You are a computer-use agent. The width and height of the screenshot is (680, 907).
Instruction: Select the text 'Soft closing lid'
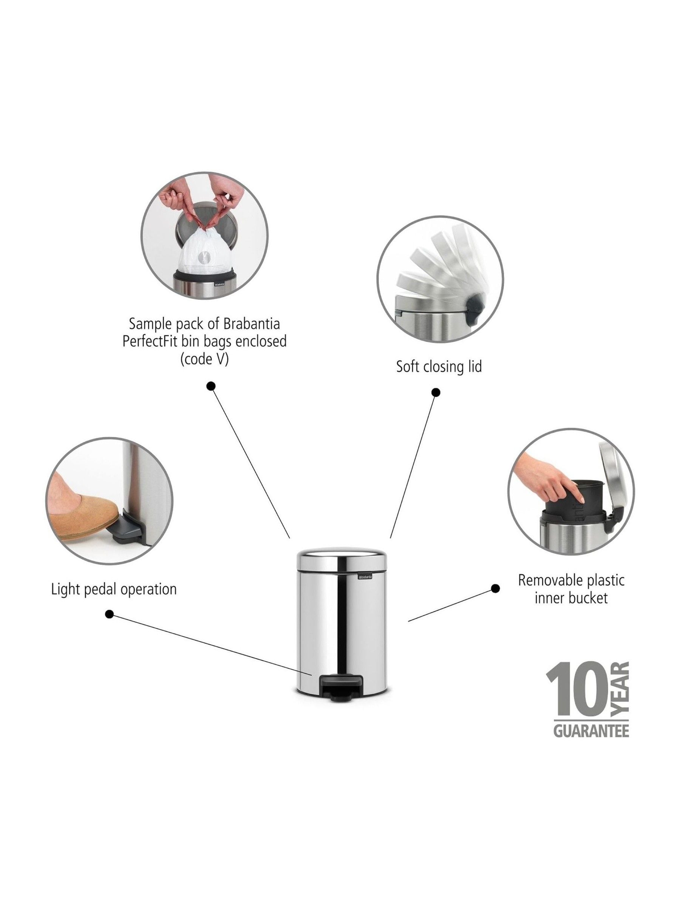(439, 366)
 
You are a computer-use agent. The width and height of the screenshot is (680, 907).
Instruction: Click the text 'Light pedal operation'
(114, 589)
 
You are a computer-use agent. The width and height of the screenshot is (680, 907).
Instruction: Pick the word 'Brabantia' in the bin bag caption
(252, 323)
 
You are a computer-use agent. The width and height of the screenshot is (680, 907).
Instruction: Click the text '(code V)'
(204, 359)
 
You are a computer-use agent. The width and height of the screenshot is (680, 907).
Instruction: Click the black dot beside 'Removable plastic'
(495, 589)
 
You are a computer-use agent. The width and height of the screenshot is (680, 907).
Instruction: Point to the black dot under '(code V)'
(211, 386)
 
